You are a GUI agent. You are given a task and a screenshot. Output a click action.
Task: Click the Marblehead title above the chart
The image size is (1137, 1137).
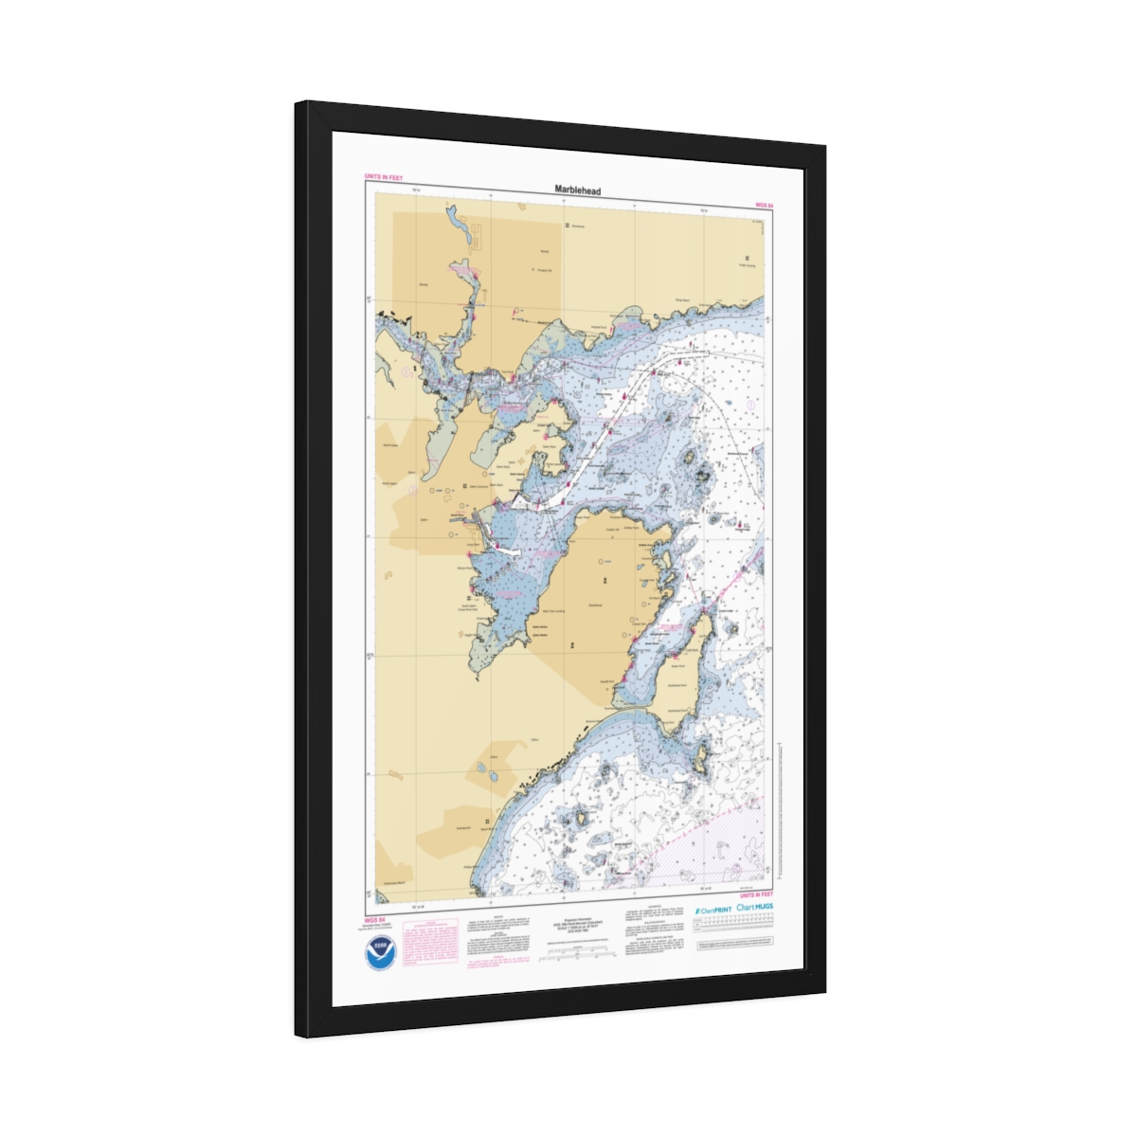pyautogui.click(x=577, y=190)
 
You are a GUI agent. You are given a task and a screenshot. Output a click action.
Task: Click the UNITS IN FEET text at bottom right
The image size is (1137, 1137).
pyautogui.click(x=756, y=894)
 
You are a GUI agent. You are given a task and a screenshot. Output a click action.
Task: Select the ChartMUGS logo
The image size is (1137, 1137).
pyautogui.click(x=754, y=907)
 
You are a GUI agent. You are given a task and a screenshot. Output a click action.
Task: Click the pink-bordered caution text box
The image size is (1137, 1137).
pyautogui.click(x=430, y=942)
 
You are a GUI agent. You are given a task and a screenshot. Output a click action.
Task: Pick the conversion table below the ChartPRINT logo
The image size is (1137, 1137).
pyautogui.click(x=735, y=932)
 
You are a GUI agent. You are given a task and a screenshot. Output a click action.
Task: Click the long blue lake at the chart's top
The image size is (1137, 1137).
pyautogui.click(x=459, y=227)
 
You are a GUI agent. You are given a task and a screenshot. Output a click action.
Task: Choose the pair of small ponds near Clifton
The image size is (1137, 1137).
pyautogui.click(x=488, y=772)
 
